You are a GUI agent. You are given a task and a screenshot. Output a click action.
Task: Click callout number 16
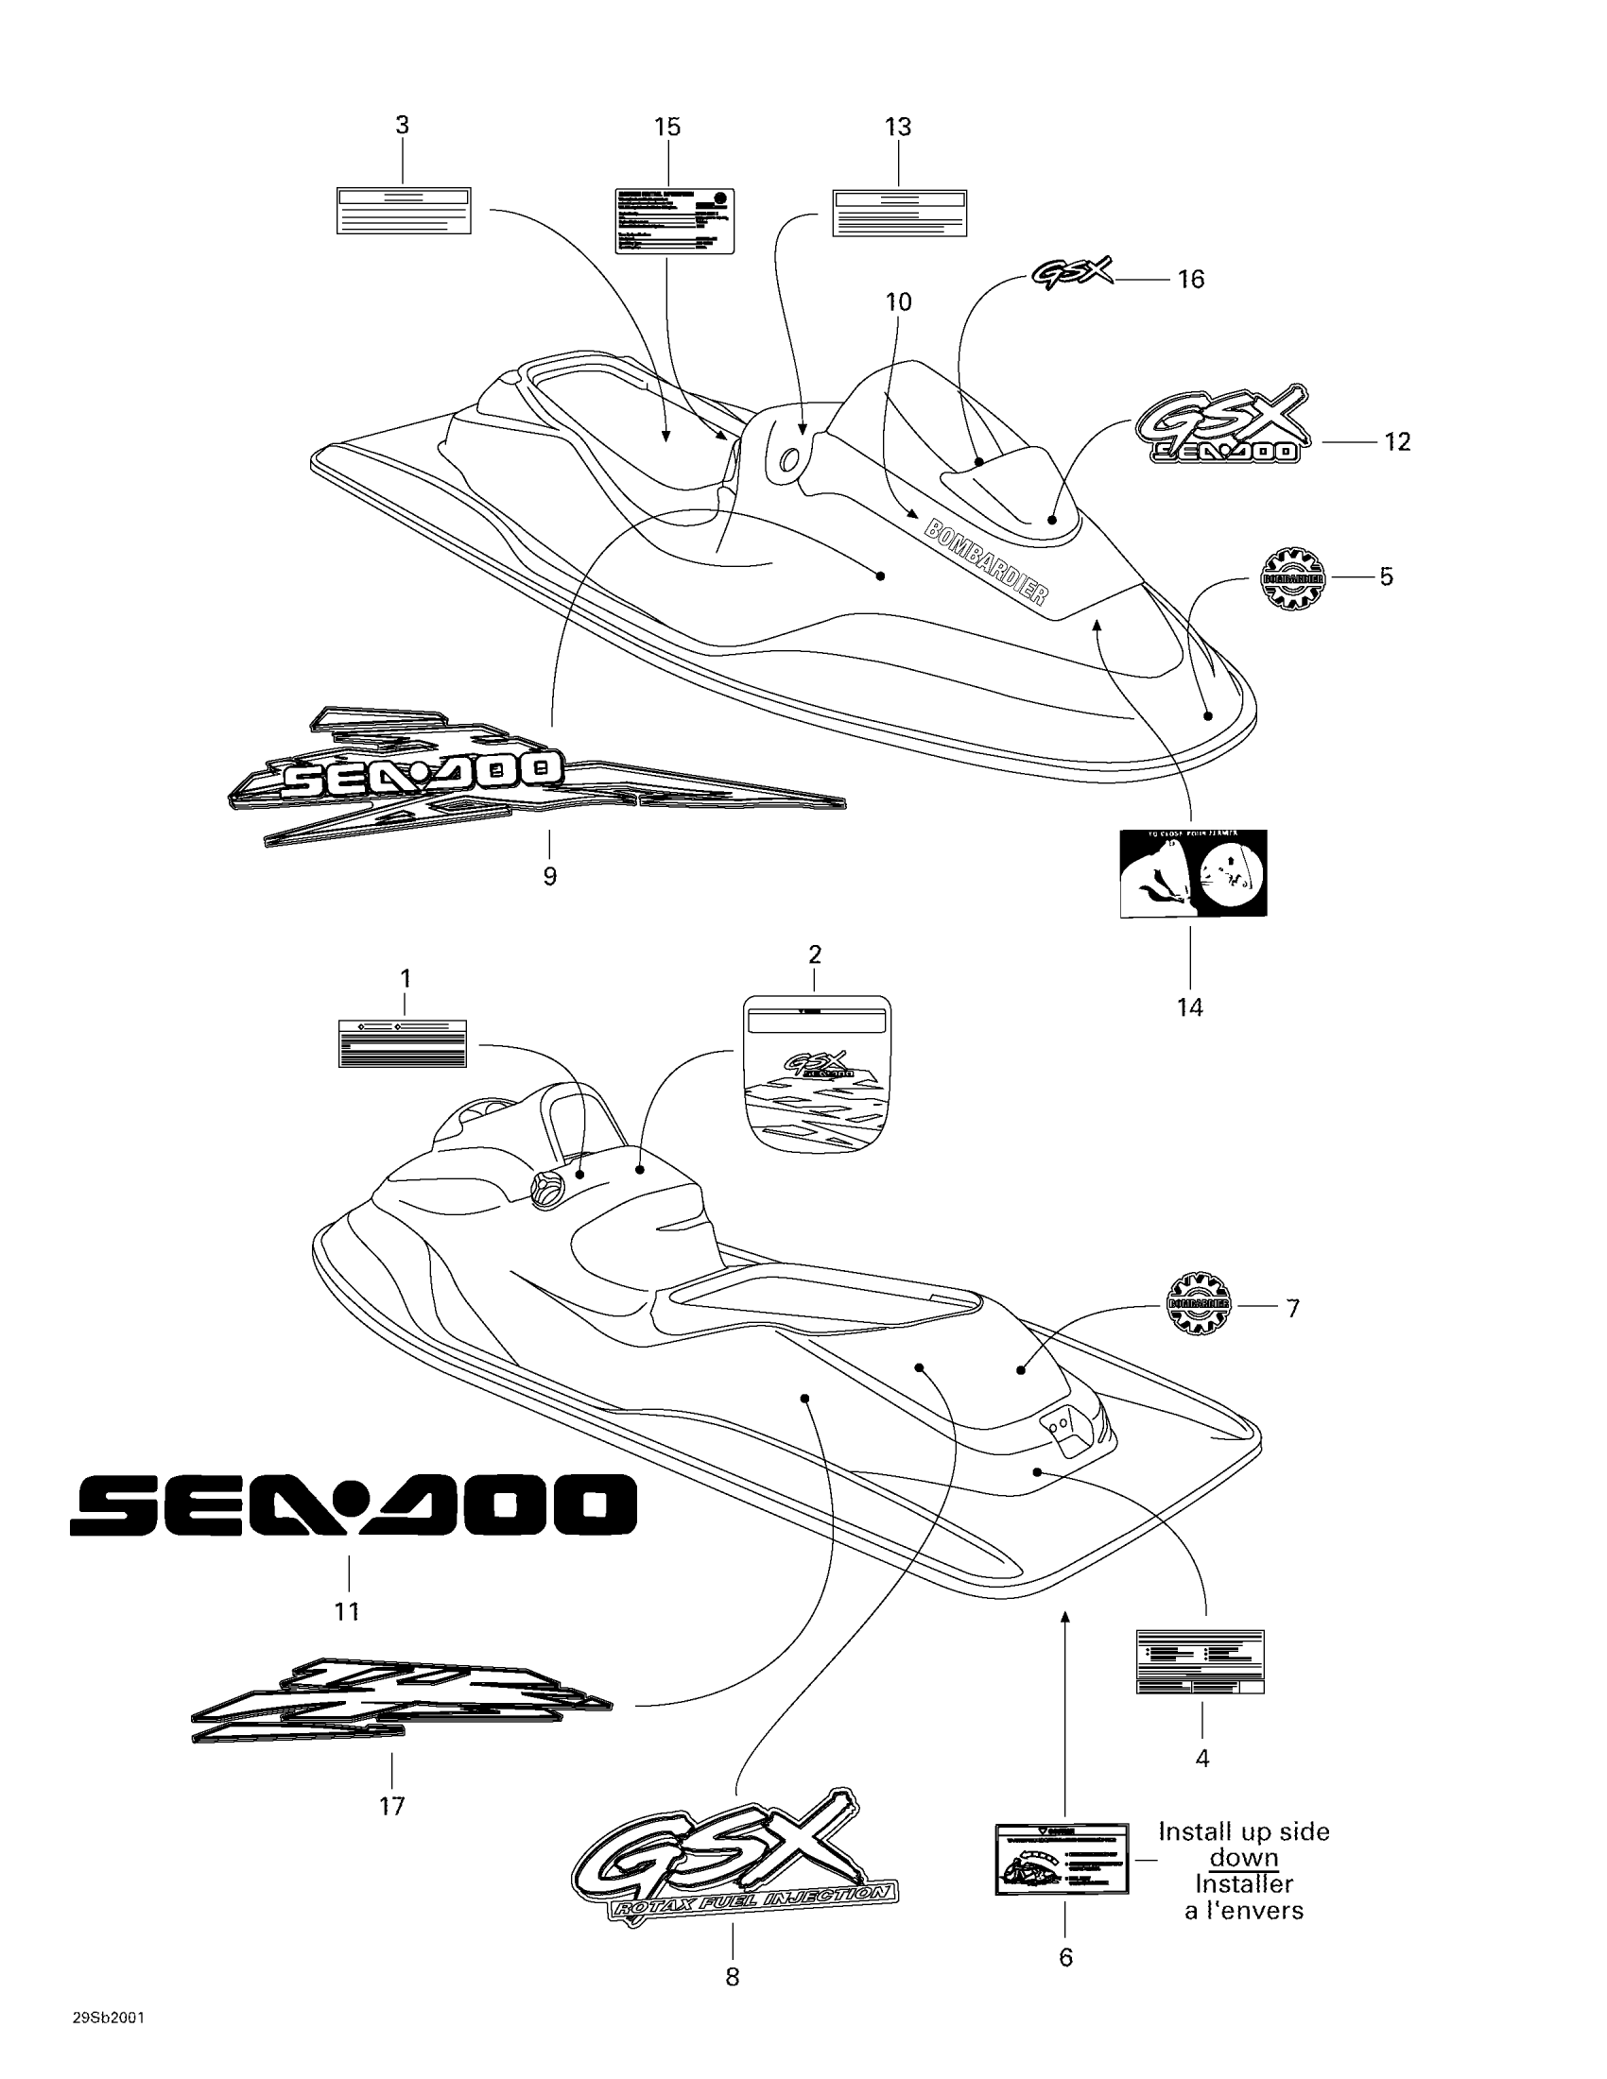tap(1191, 279)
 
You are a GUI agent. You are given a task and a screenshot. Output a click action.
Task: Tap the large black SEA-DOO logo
tap(353, 1505)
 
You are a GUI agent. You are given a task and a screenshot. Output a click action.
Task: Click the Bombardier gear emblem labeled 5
tap(1293, 577)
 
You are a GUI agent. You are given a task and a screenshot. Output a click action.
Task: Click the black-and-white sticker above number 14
tap(1193, 872)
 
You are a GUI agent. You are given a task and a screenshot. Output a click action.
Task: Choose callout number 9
tap(549, 876)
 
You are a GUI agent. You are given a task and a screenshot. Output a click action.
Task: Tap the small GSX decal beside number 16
tap(1072, 274)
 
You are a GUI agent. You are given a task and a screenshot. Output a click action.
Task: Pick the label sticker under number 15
tap(675, 221)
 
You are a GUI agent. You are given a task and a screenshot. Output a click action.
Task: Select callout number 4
tap(1201, 1758)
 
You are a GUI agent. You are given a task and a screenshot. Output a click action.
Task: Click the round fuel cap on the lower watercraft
tap(546, 1191)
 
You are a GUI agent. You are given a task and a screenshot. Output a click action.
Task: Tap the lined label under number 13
tap(900, 214)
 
